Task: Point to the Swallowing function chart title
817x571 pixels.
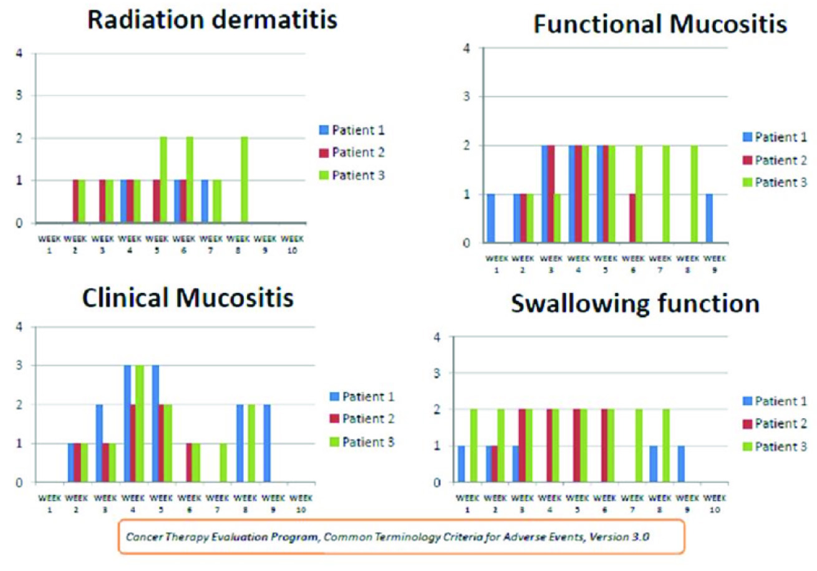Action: (634, 305)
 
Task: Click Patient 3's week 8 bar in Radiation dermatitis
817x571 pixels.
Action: (243, 181)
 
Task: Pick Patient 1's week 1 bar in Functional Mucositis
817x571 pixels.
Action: (490, 219)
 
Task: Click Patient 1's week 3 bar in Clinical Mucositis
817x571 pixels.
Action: (99, 443)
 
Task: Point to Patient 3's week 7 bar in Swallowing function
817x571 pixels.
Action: (638, 446)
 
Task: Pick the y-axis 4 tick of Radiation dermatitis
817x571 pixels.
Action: (21, 54)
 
